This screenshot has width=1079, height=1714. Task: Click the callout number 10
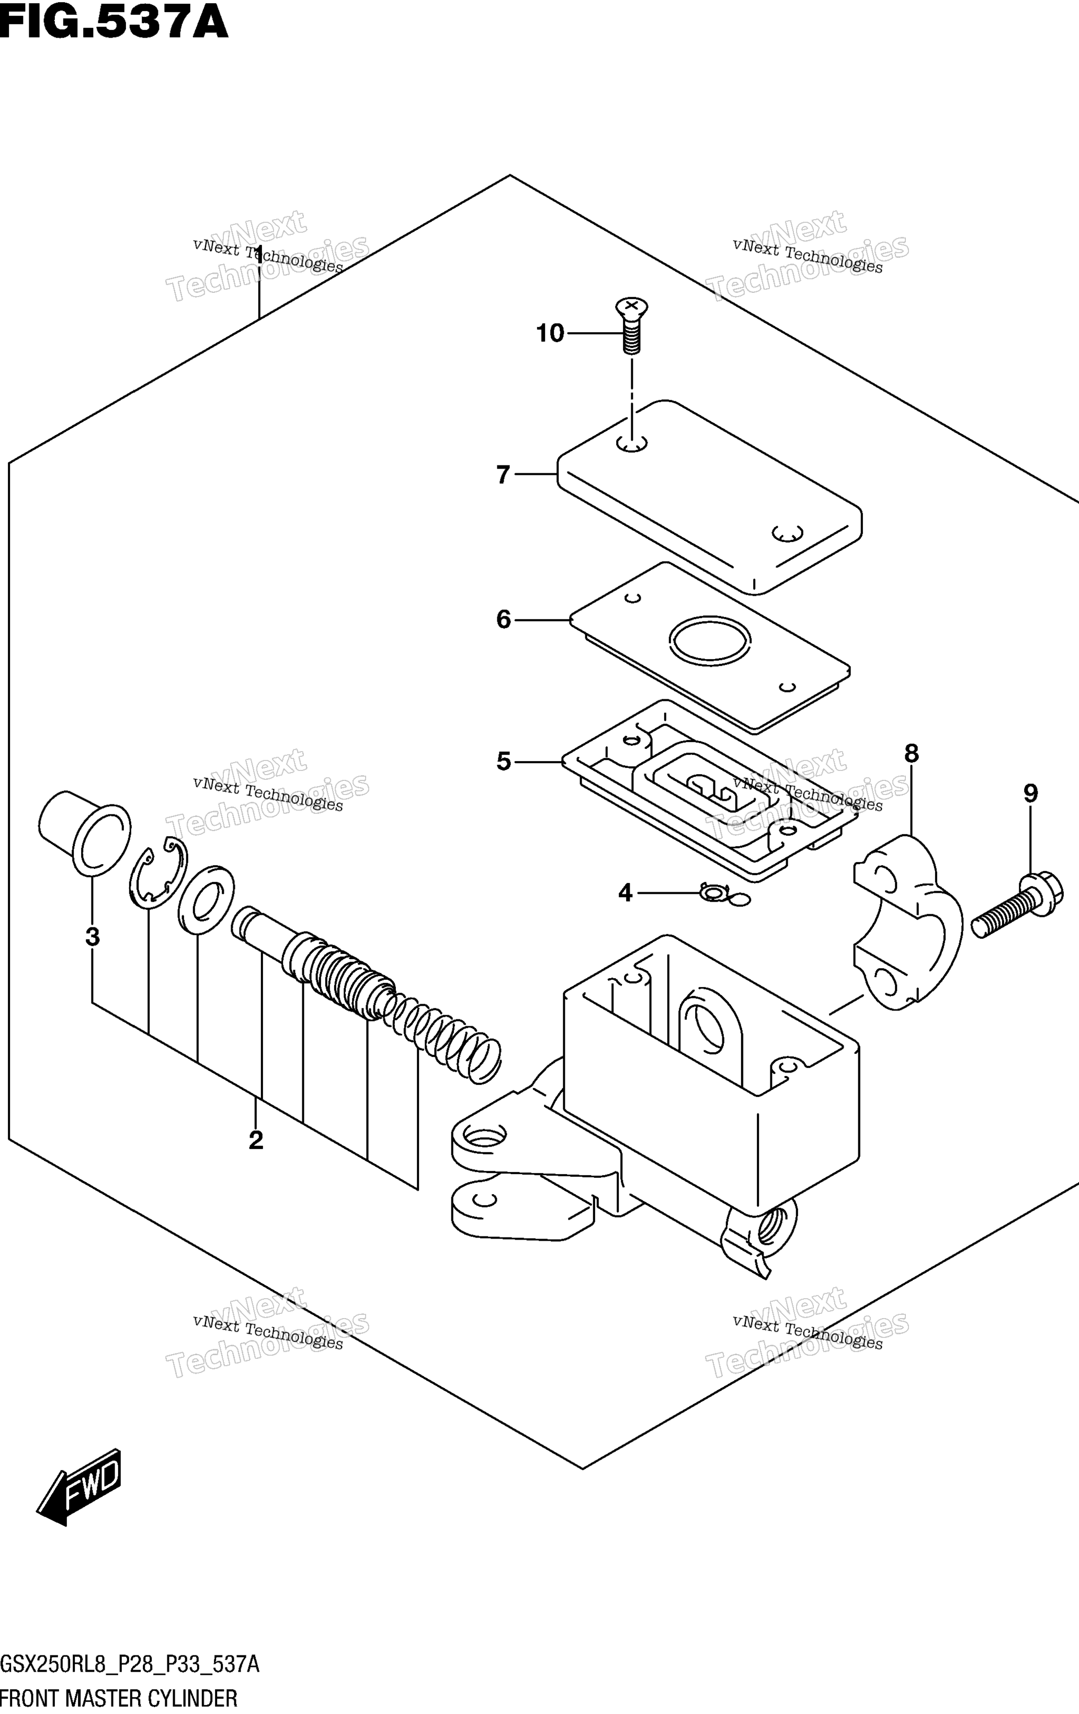[550, 333]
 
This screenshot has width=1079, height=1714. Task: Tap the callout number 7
[503, 475]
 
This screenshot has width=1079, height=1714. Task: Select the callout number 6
[503, 620]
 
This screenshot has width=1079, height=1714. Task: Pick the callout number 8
[912, 753]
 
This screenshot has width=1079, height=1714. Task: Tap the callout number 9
[1030, 793]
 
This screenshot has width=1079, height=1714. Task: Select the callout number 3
[93, 937]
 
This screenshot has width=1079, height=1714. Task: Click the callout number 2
[256, 1140]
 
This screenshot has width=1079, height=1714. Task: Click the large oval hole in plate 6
[710, 640]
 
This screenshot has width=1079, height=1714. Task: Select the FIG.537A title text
[114, 21]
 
